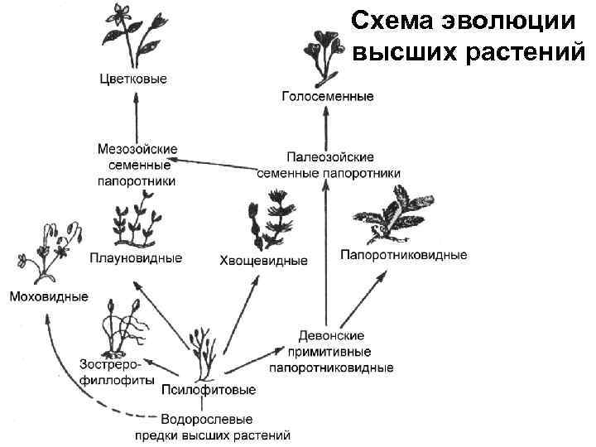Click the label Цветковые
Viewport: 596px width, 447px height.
pyautogui.click(x=132, y=79)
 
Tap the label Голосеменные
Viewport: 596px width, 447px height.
pyautogui.click(x=328, y=97)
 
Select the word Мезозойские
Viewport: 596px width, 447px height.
pyautogui.click(x=137, y=149)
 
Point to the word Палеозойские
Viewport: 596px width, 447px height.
pyautogui.click(x=330, y=156)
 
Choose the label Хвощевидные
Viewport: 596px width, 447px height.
pyautogui.click(x=263, y=261)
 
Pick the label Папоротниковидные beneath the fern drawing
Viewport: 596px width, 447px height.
pyautogui.click(x=404, y=255)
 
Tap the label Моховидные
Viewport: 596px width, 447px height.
pyautogui.click(x=48, y=296)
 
